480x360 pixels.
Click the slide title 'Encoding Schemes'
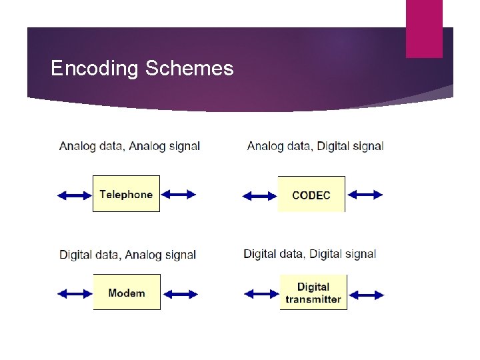point(142,69)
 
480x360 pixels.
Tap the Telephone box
point(126,194)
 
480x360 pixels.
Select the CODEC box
point(311,195)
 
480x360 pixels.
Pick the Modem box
point(127,292)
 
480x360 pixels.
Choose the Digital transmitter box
point(313,293)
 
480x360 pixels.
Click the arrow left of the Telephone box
point(74,195)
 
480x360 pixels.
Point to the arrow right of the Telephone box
point(179,194)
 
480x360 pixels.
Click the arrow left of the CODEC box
point(259,195)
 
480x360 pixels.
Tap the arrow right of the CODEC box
point(365,195)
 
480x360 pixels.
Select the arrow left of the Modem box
point(75,293)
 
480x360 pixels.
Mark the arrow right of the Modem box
point(181,293)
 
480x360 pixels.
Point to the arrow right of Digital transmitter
point(367,294)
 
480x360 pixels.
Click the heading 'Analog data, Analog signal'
point(129,146)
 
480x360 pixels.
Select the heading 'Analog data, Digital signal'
point(315,146)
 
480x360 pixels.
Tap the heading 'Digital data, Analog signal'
point(127,255)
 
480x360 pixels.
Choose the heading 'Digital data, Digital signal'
point(310,254)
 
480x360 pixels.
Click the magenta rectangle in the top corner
point(424,28)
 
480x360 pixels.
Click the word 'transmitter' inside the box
point(313,299)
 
